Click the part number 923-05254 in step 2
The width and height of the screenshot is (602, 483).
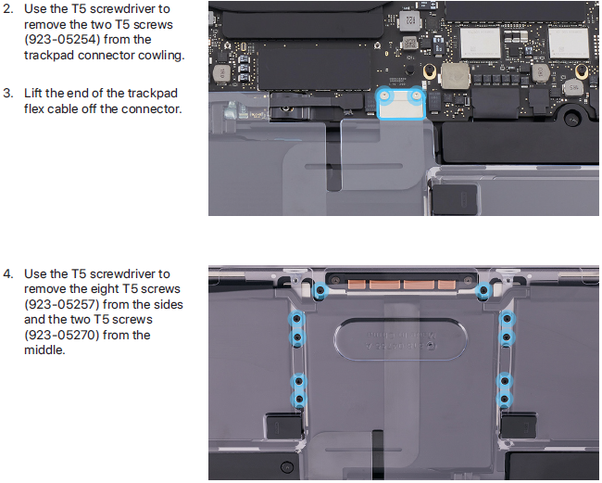[63, 40]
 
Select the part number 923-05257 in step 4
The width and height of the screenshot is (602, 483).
[63, 304]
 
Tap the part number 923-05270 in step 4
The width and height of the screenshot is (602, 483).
[63, 335]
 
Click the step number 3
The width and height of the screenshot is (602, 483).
[8, 94]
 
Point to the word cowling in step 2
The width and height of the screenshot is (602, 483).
[161, 56]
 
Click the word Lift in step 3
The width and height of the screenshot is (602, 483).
[32, 93]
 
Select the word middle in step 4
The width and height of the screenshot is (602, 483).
[44, 350]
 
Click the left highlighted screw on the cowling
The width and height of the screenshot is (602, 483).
[386, 95]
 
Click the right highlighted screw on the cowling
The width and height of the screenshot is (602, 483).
[416, 95]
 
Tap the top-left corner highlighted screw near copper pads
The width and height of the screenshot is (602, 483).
[320, 291]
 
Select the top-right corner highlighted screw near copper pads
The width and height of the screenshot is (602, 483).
[484, 291]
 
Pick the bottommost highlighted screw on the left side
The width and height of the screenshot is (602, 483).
[299, 400]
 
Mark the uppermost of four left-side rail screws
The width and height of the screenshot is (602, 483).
[296, 319]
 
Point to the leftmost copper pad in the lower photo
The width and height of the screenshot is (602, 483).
[357, 285]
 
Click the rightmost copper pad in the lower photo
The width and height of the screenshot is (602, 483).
[446, 285]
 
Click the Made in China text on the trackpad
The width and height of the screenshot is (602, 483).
[400, 335]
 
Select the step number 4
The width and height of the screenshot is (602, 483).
[8, 274]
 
